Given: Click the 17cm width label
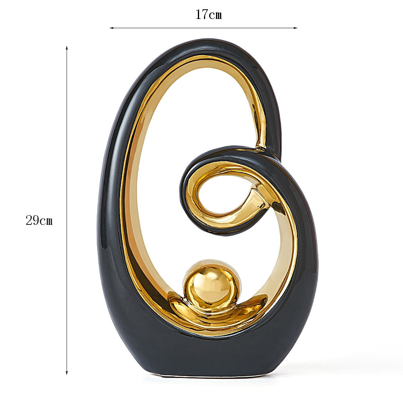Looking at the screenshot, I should point(208,15).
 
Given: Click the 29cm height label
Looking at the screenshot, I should point(39,220).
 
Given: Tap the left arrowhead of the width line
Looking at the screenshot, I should point(111,28).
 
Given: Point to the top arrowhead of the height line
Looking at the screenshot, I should point(67,48).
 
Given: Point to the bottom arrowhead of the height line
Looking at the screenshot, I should point(67,373).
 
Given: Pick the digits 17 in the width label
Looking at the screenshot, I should point(201,15).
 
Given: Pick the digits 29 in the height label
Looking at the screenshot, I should point(32,220).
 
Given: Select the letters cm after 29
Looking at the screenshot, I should point(46,221).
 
